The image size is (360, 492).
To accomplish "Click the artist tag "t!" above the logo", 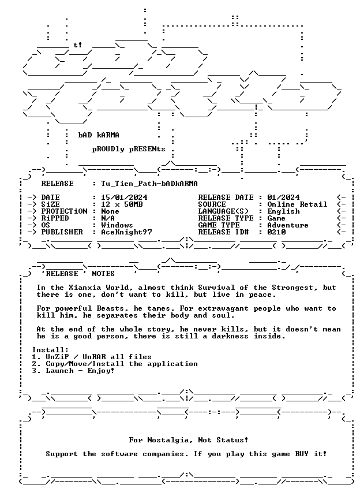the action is click(x=78, y=45).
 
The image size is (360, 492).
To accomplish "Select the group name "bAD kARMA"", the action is click(x=99, y=135).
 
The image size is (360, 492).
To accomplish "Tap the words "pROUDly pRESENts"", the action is click(x=129, y=149).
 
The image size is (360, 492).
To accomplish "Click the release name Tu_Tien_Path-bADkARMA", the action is click(x=149, y=183).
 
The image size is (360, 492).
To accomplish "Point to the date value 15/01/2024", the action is click(x=124, y=197).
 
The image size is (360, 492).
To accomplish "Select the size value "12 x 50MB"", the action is click(x=122, y=204).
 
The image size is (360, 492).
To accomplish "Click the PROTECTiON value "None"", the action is click(x=110, y=211).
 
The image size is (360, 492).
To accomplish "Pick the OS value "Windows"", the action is click(x=117, y=225).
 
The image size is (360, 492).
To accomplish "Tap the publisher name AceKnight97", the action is click(x=126, y=232).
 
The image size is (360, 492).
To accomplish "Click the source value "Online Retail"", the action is click(x=297, y=204).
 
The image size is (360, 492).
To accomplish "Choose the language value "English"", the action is click(x=283, y=211).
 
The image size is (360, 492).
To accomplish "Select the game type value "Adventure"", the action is click(x=287, y=225).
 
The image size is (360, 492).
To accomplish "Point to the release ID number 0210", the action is click(x=276, y=232).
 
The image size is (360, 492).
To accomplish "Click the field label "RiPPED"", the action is click(x=55, y=218).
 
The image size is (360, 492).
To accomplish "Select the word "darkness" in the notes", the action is click(x=230, y=336).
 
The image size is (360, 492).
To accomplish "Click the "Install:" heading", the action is click(x=50, y=350).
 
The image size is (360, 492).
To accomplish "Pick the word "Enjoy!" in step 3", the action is click(x=100, y=371).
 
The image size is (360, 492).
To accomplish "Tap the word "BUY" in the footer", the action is click(x=302, y=454).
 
